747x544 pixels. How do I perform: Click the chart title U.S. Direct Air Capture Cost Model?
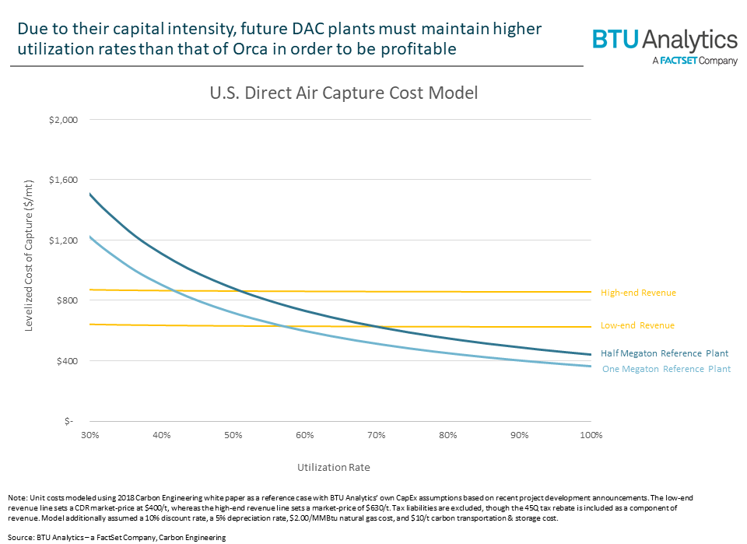tap(343, 93)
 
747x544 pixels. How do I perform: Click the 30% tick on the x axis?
tap(89, 434)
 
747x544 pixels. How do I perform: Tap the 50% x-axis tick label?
tap(233, 434)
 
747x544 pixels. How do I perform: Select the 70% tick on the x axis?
tap(377, 434)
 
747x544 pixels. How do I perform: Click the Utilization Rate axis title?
tap(333, 468)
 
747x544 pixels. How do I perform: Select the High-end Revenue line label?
tap(638, 293)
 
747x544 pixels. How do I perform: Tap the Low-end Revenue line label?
tap(637, 325)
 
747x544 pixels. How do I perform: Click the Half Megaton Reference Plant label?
tap(664, 353)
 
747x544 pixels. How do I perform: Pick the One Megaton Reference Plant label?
tap(666, 369)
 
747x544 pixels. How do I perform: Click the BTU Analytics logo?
tap(665, 40)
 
